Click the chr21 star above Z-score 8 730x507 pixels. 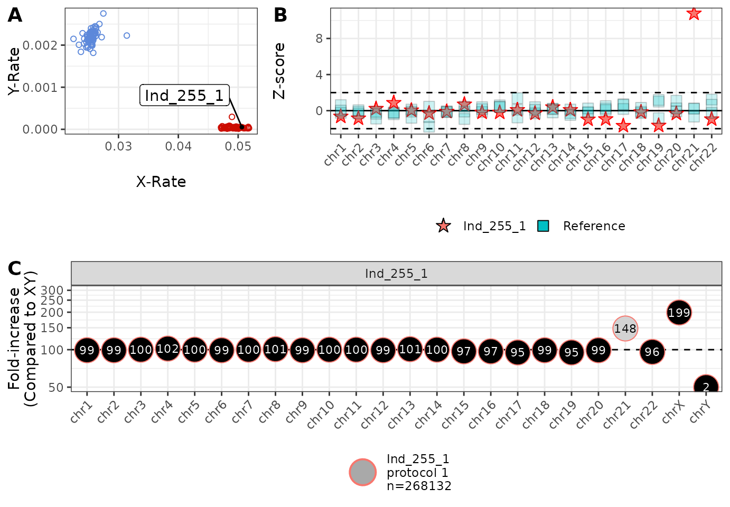[694, 13]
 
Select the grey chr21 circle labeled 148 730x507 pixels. [625, 328]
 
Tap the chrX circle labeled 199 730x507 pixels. [679, 313]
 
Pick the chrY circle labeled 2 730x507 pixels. [706, 387]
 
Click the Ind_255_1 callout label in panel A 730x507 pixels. [184, 96]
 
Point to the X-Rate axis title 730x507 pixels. [161, 182]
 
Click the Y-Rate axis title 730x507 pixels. [14, 71]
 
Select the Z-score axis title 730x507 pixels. [279, 71]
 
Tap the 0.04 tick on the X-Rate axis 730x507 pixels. [179, 146]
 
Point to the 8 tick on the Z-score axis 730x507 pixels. [319, 39]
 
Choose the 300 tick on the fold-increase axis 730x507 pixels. [52, 290]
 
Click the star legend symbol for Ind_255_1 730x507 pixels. [444, 226]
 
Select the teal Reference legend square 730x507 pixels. [543, 226]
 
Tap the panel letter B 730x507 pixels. [280, 15]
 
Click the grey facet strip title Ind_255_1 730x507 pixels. [396, 274]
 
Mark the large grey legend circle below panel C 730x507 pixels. [363, 472]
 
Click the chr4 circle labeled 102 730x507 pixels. [167, 349]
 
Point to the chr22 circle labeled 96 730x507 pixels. [652, 352]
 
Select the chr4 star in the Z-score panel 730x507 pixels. [393, 102]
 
